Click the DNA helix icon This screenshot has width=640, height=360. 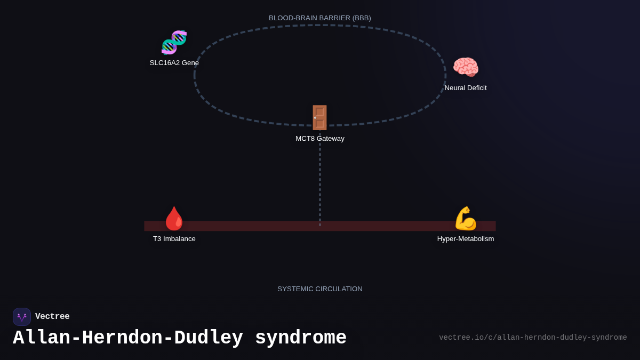(x=174, y=43)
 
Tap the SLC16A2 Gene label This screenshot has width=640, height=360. (x=174, y=63)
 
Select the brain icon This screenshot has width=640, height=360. (x=466, y=68)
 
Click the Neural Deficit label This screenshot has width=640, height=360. (x=466, y=88)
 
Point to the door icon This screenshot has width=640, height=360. (x=319, y=117)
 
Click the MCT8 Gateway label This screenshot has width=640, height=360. (x=320, y=139)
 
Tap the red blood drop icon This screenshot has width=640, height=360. (x=174, y=218)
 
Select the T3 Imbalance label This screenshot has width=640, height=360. (x=174, y=239)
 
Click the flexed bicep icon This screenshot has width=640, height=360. (x=465, y=218)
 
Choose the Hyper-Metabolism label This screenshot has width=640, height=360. (x=466, y=239)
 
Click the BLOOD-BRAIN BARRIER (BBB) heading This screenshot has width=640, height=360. (x=320, y=18)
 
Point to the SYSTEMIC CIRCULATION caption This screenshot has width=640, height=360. (x=320, y=289)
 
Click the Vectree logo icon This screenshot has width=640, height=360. (x=22, y=317)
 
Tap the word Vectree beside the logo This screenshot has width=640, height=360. (x=52, y=317)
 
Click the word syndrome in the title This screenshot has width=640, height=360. (x=301, y=338)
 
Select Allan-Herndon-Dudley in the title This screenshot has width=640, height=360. (x=128, y=338)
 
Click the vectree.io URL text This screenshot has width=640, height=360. (x=533, y=338)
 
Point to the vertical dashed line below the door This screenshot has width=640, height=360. (x=320, y=181)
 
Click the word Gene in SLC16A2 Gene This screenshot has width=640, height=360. (x=190, y=63)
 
